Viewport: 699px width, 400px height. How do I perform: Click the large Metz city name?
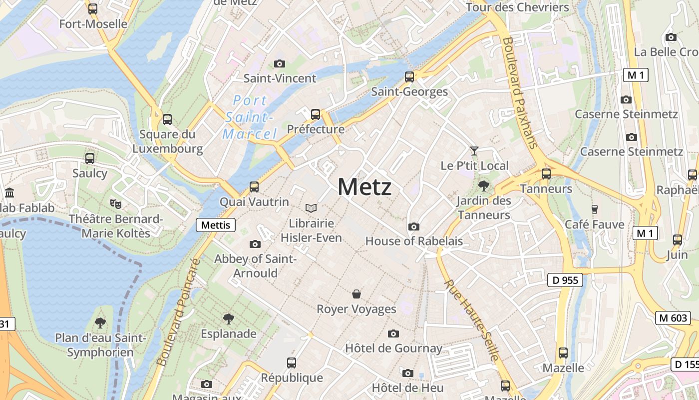click(x=364, y=187)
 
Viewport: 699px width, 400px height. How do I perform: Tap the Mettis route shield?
click(x=216, y=225)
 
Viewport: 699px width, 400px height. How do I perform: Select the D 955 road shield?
click(x=566, y=280)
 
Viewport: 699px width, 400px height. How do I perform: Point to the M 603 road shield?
click(x=673, y=318)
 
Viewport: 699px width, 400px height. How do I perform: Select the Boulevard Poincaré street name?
click(x=178, y=312)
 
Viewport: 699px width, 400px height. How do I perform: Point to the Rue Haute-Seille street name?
click(x=472, y=320)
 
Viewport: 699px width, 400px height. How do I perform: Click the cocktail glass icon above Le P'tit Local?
click(x=474, y=150)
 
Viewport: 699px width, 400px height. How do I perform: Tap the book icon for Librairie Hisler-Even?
click(x=311, y=208)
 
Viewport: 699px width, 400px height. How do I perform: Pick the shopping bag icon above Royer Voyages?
click(x=356, y=294)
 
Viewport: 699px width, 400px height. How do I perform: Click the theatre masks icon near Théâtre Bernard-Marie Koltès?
click(x=116, y=203)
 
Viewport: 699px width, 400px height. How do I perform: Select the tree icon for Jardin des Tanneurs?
click(x=483, y=186)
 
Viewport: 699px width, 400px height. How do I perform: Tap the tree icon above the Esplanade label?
click(x=229, y=318)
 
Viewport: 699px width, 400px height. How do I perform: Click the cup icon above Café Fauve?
click(x=594, y=209)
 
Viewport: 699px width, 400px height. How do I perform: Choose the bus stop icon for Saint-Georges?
click(x=409, y=77)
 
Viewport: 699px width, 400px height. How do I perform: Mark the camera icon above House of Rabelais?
click(x=413, y=227)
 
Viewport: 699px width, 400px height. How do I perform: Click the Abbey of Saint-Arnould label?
click(x=256, y=266)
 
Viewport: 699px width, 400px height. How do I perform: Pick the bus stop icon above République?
click(x=292, y=363)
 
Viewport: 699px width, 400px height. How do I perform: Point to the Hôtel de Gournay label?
click(x=394, y=348)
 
